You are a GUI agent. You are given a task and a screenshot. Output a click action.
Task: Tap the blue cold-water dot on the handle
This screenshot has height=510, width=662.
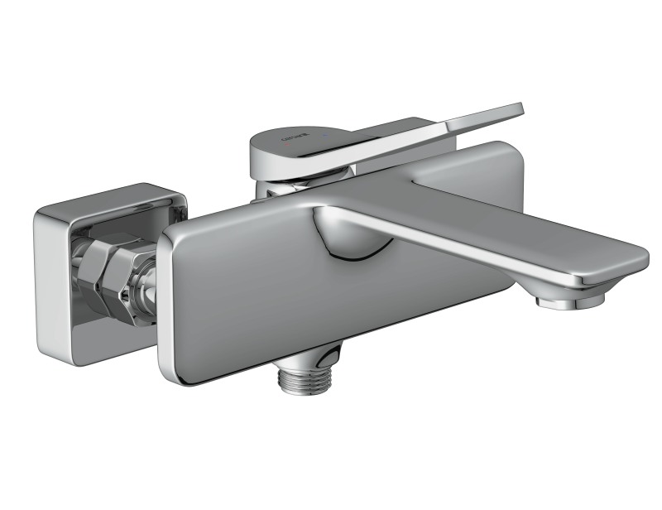pos(329,132)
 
